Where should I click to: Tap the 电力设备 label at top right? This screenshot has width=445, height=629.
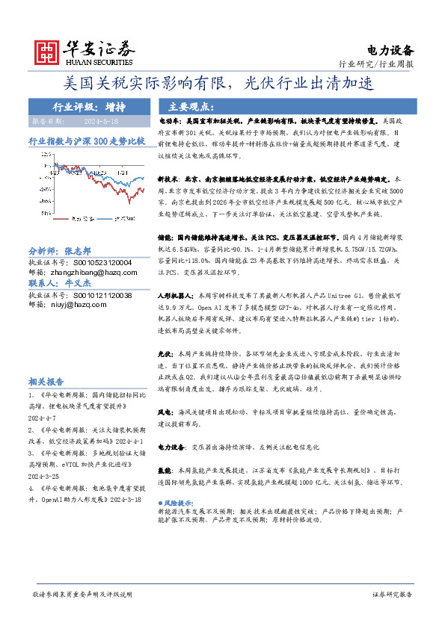coord(390,50)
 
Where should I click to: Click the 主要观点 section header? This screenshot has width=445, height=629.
coord(192,106)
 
